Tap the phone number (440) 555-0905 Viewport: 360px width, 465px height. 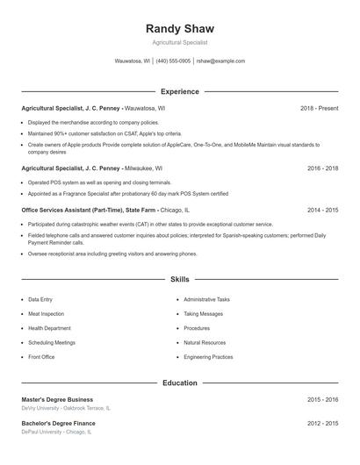(174, 61)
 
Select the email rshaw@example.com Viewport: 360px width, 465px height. (220, 61)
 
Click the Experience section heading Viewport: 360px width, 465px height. (180, 91)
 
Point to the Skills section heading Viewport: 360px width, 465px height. (180, 279)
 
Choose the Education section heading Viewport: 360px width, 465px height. (180, 383)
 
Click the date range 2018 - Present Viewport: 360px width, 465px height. (319, 108)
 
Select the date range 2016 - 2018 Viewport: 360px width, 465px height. (323, 168)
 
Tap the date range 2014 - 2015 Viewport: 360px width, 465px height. (323, 211)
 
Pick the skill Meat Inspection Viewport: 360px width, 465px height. (46, 314)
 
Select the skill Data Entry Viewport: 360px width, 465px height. (40, 300)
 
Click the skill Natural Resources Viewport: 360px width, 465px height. (205, 343)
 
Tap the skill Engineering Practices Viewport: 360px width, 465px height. (208, 357)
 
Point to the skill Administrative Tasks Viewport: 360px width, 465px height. (206, 300)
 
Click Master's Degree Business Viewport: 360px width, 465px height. (57, 399)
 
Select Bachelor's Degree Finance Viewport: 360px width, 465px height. (58, 423)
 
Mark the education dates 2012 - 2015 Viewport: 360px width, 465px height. (323, 423)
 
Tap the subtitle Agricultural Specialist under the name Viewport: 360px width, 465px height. (179, 42)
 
